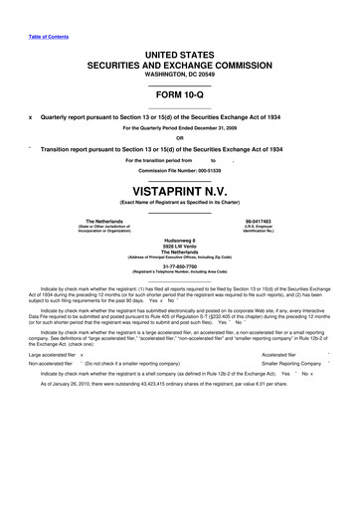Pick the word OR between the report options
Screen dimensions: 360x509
pos(179,137)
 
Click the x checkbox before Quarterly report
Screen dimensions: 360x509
pos(32,116)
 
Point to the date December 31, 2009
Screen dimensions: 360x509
pos(212,127)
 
